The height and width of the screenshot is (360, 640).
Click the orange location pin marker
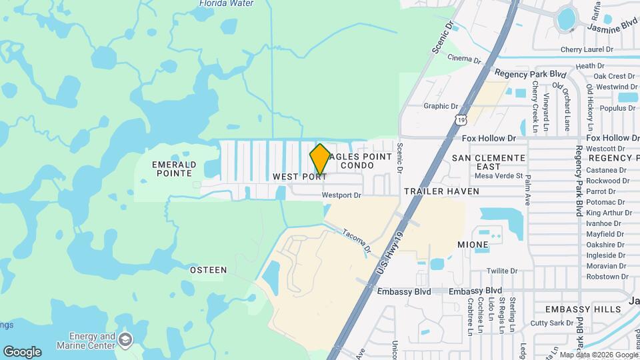320,160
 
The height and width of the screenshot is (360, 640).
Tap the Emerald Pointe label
174,169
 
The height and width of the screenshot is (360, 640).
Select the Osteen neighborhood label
208,270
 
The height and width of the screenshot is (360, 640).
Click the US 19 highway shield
461,119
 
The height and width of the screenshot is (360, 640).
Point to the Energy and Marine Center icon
124,341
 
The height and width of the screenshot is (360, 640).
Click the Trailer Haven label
441,191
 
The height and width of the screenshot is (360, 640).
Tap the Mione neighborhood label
473,245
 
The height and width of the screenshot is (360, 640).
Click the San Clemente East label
489,162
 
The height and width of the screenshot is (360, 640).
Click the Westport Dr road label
341,195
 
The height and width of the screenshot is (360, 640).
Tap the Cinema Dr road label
464,60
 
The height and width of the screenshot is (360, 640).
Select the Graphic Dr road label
441,106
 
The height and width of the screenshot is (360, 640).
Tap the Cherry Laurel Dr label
587,49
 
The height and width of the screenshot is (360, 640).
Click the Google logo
22,352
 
